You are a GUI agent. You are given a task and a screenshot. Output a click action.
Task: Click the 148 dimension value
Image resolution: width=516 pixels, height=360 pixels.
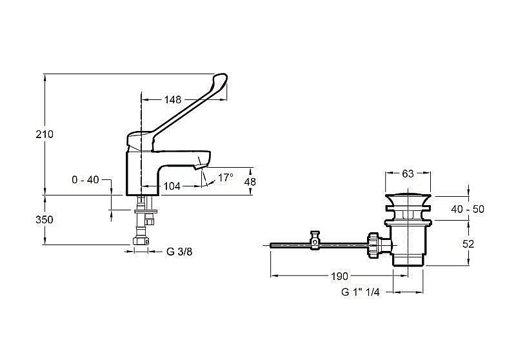(173, 99)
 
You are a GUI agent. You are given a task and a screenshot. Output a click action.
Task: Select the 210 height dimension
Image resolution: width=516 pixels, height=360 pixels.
(45, 134)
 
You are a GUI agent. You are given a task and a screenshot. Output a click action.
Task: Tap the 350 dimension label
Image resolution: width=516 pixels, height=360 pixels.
(45, 219)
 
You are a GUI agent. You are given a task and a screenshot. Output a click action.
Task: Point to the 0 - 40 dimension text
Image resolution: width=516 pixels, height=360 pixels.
(85, 179)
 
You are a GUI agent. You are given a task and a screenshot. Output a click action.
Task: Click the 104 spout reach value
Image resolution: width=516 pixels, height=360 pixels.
(172, 186)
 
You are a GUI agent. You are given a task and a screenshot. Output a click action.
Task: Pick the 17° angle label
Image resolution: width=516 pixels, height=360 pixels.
(225, 177)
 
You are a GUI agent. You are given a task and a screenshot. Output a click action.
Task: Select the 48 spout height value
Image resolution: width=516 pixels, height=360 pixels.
(250, 181)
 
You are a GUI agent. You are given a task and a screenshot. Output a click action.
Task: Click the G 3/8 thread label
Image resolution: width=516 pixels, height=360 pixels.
(179, 252)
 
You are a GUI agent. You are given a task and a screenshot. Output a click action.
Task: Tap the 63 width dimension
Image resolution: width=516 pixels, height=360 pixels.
(408, 174)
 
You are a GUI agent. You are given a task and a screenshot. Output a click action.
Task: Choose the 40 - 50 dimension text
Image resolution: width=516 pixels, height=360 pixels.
(468, 209)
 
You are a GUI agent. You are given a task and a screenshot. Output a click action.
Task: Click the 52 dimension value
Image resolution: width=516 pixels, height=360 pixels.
(468, 244)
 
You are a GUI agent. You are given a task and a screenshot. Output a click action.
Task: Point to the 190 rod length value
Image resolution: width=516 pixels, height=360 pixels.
(339, 276)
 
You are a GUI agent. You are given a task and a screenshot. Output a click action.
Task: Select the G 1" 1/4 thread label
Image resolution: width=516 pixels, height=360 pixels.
(361, 292)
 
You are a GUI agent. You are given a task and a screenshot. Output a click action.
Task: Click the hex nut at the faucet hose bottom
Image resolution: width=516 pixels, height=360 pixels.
(141, 241)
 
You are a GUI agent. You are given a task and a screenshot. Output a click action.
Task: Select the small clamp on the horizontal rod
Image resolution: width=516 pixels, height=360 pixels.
(315, 240)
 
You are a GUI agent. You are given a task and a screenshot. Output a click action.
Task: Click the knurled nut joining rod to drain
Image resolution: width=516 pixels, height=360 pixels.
(373, 245)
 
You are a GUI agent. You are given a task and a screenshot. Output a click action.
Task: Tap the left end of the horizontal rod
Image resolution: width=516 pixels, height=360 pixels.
(271, 245)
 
